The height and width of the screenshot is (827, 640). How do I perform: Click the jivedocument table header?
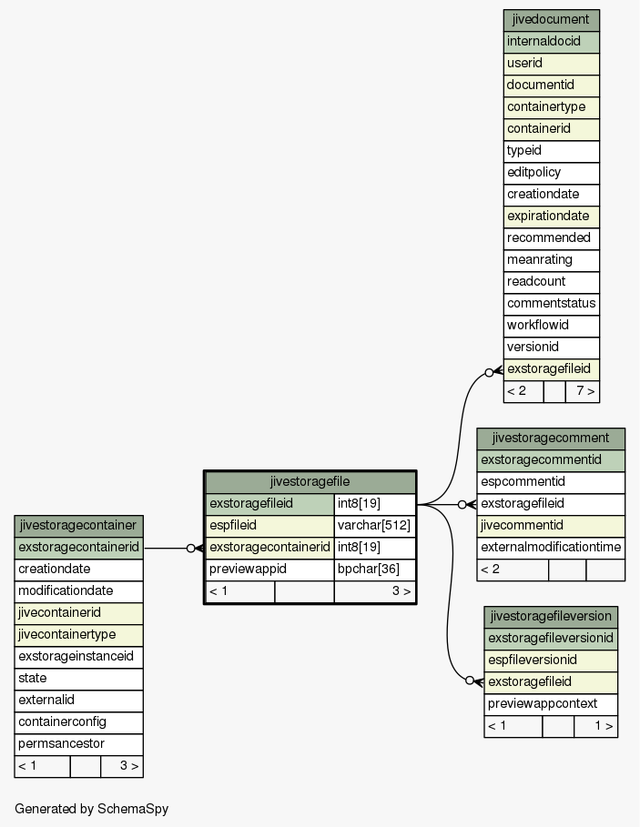[x=552, y=20]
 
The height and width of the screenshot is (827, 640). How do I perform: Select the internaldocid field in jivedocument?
[x=552, y=42]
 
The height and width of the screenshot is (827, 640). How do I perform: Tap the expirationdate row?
[x=552, y=217]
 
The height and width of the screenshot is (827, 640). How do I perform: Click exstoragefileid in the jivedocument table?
[x=552, y=369]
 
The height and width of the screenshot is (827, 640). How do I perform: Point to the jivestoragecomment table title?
[x=551, y=439]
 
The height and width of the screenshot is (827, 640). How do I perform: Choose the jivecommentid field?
[x=551, y=526]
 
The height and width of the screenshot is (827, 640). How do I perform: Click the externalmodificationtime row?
[x=551, y=548]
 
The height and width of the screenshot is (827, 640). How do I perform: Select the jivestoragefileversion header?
[x=551, y=617]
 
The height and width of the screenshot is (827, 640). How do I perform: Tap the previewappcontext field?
[x=551, y=704]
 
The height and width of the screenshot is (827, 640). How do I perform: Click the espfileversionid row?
[x=551, y=661]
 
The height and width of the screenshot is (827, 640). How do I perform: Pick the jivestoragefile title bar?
[x=310, y=482]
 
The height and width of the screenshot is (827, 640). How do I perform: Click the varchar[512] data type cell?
[x=374, y=526]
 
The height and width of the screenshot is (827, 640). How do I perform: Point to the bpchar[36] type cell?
[x=374, y=570]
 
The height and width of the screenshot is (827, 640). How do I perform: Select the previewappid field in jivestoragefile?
[x=269, y=570]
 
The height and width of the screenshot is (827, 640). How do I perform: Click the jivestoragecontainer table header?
[x=78, y=526]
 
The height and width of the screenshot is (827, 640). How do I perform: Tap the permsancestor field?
[x=78, y=744]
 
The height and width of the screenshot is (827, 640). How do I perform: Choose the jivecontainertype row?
[x=78, y=635]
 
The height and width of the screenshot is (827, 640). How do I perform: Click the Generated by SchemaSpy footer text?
[x=91, y=809]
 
